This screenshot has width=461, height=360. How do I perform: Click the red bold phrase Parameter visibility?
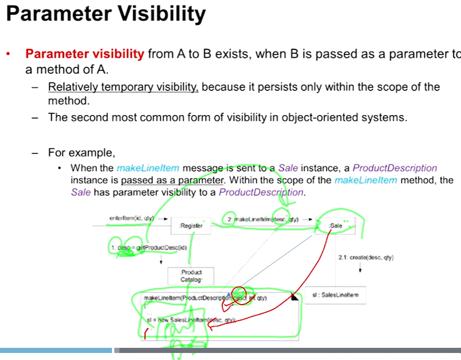(x=84, y=54)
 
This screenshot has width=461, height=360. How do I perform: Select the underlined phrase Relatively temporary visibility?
(x=123, y=87)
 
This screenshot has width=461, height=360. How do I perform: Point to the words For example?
(x=81, y=153)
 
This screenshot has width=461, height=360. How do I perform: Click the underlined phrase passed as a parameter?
(x=171, y=180)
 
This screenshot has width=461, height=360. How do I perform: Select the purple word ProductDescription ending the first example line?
(x=394, y=168)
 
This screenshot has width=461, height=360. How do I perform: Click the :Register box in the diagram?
(x=191, y=226)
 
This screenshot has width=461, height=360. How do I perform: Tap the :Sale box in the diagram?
(x=336, y=226)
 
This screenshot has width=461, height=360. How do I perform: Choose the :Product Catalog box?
(x=191, y=276)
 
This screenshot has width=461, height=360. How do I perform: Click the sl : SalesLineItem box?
(x=335, y=295)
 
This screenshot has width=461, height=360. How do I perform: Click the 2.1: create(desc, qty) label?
(x=365, y=257)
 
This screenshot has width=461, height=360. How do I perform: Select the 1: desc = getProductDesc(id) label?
(x=148, y=247)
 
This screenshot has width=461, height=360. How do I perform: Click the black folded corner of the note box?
(x=295, y=297)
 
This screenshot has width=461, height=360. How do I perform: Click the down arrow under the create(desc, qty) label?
(x=360, y=269)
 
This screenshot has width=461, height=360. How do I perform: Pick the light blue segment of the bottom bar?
(x=56, y=350)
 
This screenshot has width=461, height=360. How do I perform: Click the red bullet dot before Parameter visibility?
(x=8, y=54)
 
